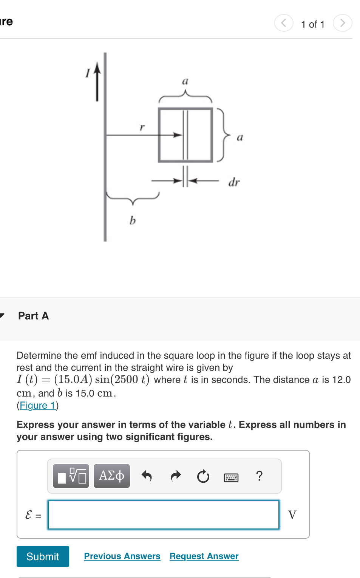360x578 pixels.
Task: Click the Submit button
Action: click(x=43, y=556)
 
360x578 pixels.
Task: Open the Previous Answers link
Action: click(x=122, y=556)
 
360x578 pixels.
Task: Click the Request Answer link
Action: click(x=204, y=556)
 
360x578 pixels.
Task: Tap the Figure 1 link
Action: click(x=38, y=406)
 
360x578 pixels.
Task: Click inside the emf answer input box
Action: click(x=163, y=514)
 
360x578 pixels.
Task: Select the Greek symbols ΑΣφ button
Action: click(x=112, y=476)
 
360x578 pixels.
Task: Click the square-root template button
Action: click(x=71, y=476)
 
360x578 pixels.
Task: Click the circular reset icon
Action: click(x=203, y=476)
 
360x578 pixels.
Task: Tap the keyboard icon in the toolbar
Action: click(x=231, y=477)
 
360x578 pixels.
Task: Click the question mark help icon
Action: click(x=259, y=476)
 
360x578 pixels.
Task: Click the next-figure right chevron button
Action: click(x=342, y=23)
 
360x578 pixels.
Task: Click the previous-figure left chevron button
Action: click(x=284, y=23)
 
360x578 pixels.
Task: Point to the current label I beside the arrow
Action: click(x=88, y=73)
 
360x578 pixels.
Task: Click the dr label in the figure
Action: click(x=234, y=183)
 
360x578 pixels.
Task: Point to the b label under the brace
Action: click(x=133, y=220)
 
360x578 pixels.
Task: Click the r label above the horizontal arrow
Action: click(x=142, y=127)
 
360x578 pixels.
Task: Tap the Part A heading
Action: click(x=34, y=316)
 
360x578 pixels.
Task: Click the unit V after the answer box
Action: click(x=292, y=514)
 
